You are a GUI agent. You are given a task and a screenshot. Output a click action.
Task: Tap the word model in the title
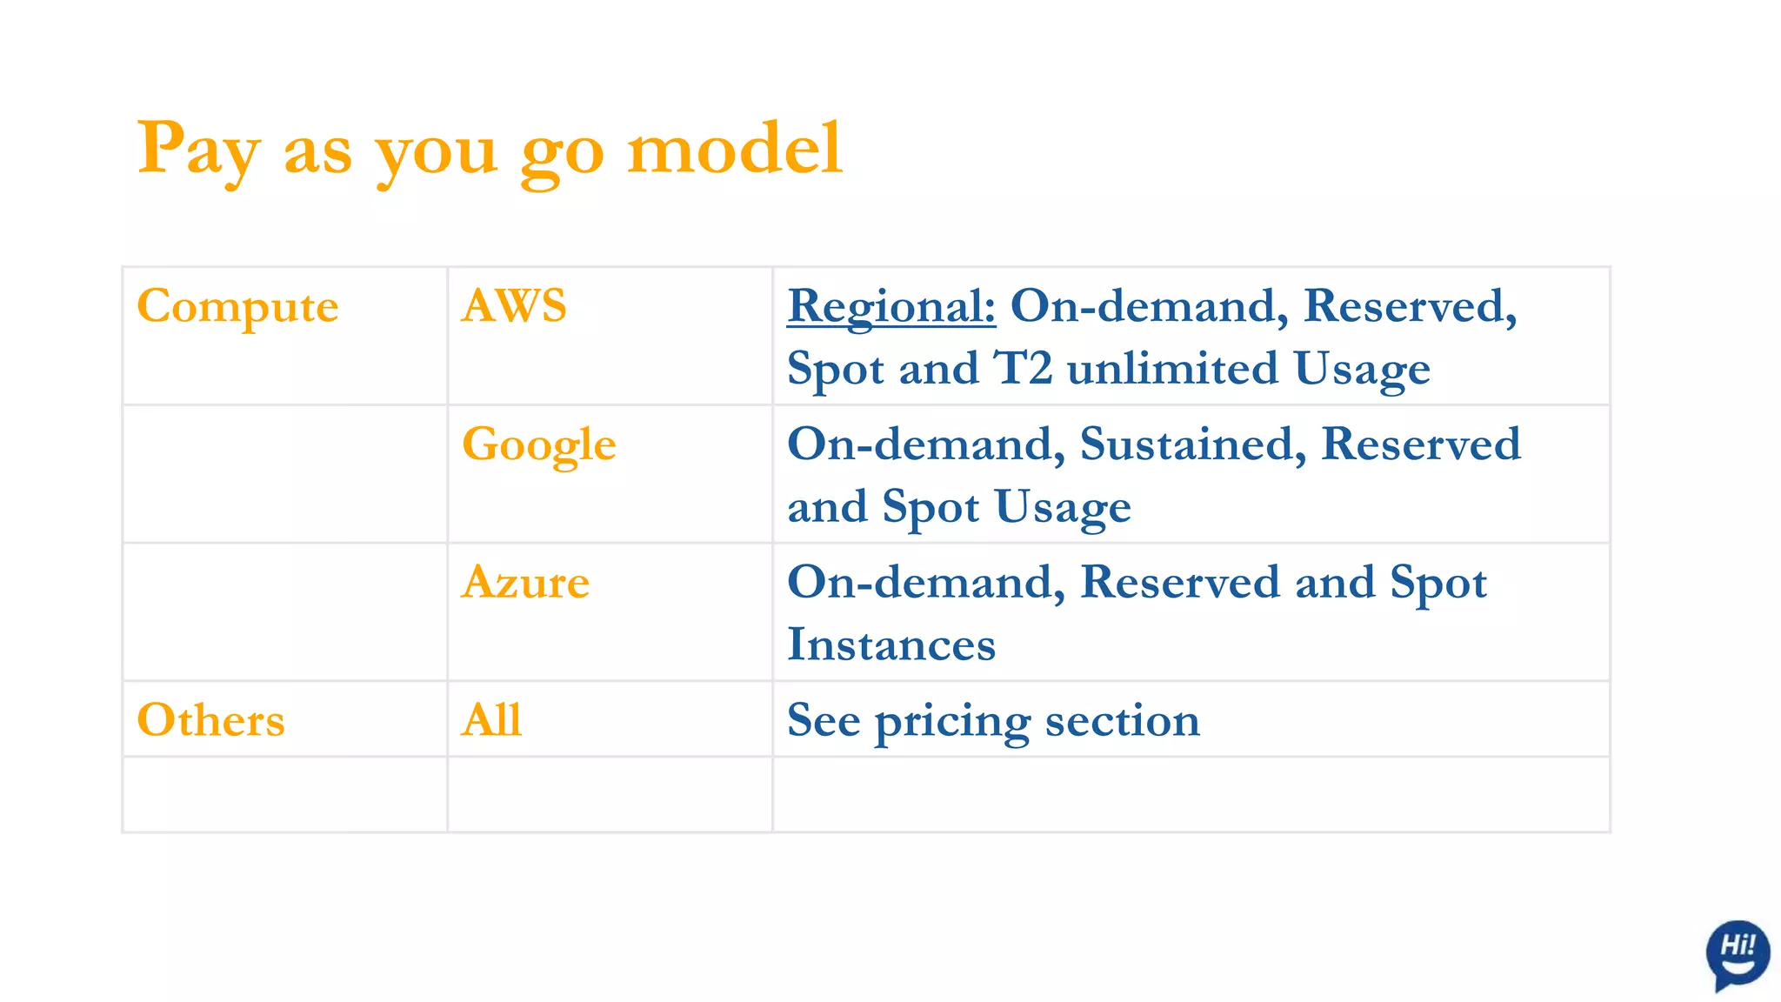[735, 148]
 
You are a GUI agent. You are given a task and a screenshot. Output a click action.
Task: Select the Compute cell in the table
[237, 306]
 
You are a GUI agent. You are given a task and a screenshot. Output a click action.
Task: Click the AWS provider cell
[514, 306]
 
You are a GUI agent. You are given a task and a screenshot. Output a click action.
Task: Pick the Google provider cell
[538, 444]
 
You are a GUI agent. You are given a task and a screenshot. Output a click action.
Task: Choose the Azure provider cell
[525, 582]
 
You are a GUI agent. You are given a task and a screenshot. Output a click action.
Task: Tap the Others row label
[210, 720]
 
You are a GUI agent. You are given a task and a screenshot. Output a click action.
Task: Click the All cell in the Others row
[491, 720]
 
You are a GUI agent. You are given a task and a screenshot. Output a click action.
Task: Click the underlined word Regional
[890, 306]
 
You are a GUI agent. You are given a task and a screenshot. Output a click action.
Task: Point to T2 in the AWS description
[1023, 368]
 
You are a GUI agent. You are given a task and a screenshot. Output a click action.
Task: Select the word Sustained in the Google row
[1192, 444]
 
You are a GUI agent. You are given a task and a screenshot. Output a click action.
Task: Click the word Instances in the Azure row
[890, 645]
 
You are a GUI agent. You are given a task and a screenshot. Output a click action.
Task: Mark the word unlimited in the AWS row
[1172, 368]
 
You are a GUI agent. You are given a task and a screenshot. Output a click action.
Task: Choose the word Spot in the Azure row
[1437, 583]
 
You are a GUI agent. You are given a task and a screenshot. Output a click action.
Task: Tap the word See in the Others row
[823, 720]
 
